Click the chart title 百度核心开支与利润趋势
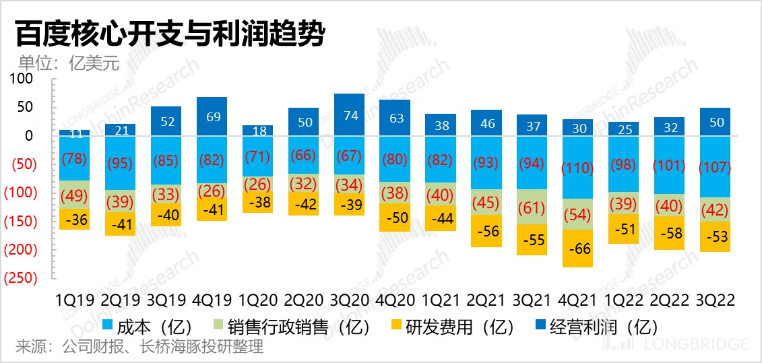click(169, 34)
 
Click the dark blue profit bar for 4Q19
click(212, 116)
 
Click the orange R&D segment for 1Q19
click(74, 220)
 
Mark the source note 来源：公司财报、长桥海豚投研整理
click(139, 348)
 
